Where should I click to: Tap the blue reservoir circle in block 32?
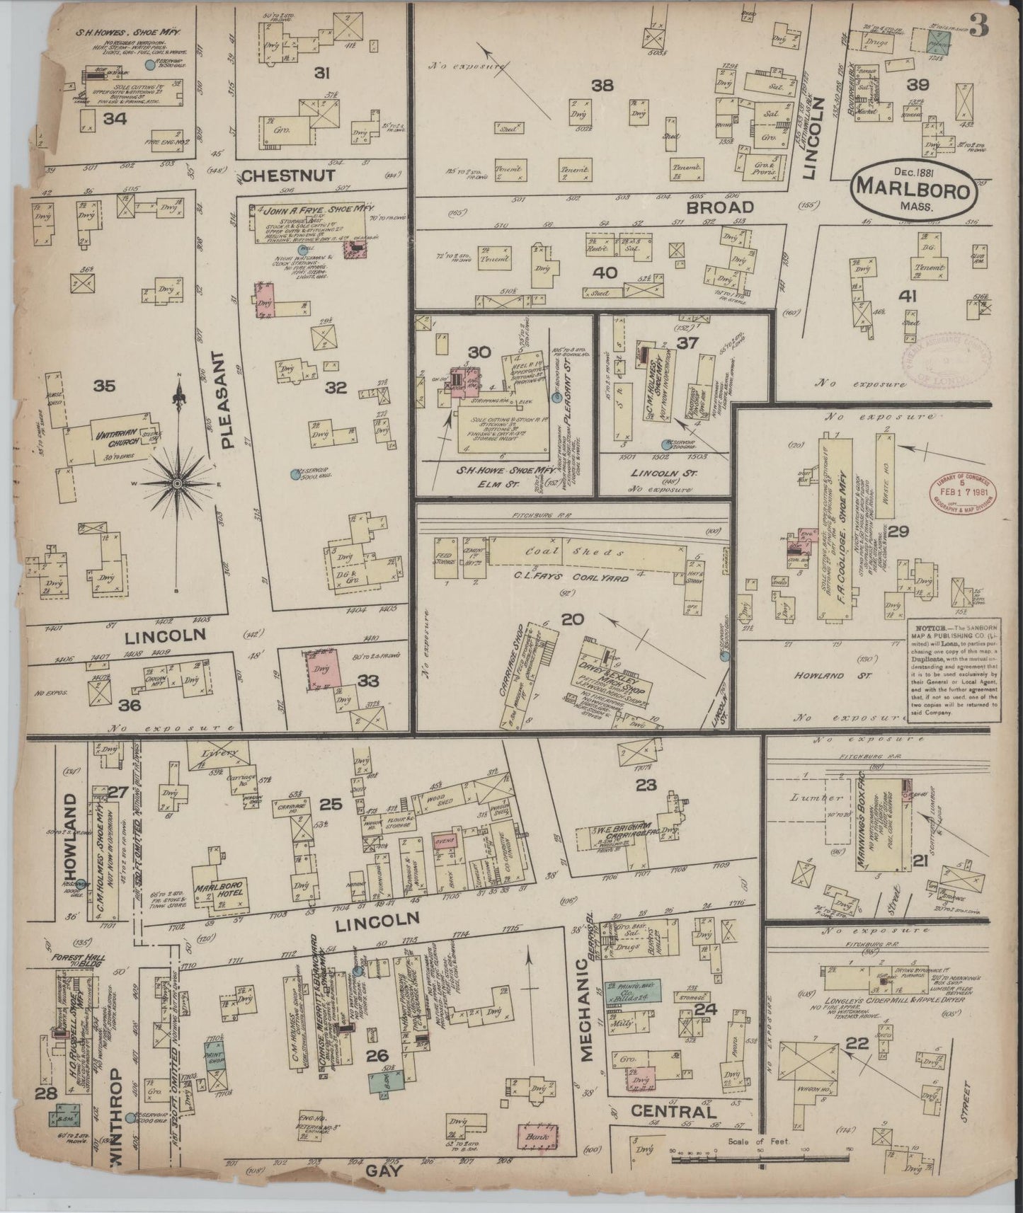[294, 474]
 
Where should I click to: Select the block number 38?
[602, 85]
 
